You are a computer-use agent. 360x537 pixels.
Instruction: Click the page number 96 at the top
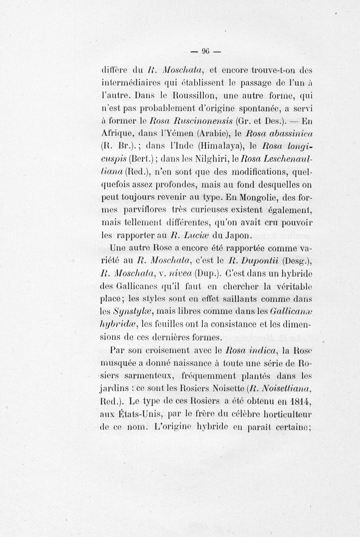click(x=207, y=50)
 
